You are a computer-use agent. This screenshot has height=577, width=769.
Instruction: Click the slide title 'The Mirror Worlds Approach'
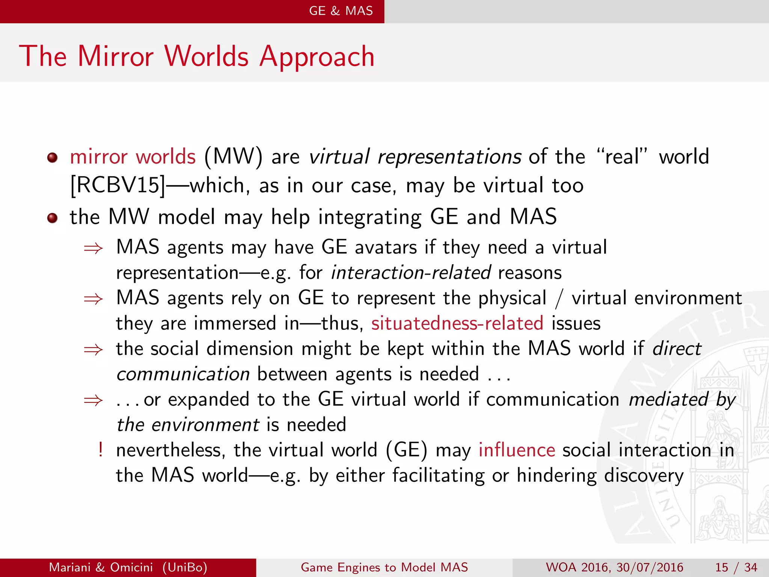[x=197, y=56]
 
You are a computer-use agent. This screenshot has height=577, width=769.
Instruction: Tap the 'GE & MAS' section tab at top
[x=341, y=11]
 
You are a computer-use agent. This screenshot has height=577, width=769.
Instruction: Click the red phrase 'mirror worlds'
[x=133, y=156]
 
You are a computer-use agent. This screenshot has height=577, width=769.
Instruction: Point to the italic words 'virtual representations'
[x=415, y=156]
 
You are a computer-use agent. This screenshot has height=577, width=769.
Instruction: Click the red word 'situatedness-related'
[x=457, y=323]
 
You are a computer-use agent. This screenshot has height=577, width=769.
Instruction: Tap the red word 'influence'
[x=517, y=450]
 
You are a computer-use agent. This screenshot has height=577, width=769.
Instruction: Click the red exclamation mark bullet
[x=101, y=449]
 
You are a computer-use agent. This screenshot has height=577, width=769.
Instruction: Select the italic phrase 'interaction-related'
[x=411, y=272]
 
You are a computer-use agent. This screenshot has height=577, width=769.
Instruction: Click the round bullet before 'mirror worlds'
[x=53, y=157]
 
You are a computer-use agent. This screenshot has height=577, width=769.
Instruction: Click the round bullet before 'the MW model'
[x=53, y=218]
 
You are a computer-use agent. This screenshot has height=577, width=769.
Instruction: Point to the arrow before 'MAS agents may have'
[x=93, y=248]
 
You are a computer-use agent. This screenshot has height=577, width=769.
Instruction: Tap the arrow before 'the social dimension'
[x=93, y=350]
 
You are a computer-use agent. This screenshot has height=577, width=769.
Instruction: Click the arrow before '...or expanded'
[x=93, y=400]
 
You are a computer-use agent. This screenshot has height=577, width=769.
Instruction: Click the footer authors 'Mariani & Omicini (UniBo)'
[x=128, y=567]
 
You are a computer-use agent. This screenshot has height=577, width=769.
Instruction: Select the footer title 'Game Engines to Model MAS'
[x=384, y=567]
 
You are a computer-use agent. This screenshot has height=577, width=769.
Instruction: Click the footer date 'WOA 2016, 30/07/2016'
[x=614, y=567]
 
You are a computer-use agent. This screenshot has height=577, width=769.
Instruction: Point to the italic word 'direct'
[x=677, y=349]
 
